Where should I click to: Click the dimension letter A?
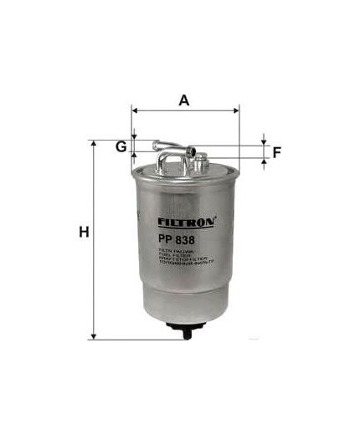(184, 100)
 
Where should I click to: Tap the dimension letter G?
(121, 147)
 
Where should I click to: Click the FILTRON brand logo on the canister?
(186, 223)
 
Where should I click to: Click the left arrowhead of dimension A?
(136, 109)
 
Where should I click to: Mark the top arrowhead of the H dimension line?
(94, 145)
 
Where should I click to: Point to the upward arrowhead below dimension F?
(264, 161)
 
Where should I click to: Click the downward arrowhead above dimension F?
(264, 139)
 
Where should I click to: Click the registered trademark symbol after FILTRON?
(218, 219)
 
